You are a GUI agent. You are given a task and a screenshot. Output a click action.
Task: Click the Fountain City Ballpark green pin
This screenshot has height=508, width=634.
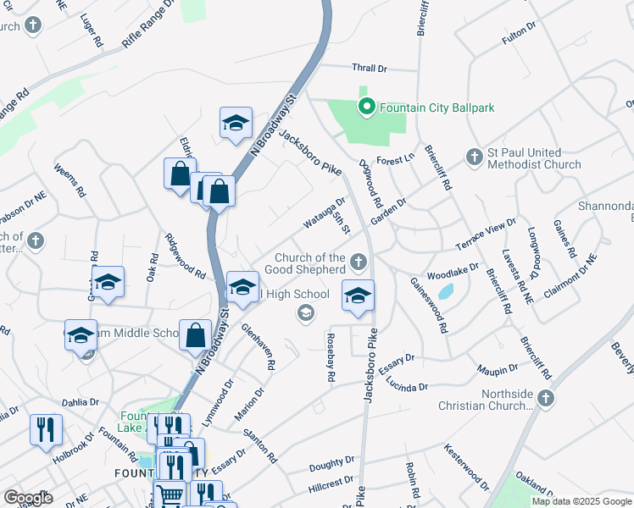click(367, 108)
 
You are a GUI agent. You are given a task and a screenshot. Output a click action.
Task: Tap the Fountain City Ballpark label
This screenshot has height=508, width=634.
click(437, 108)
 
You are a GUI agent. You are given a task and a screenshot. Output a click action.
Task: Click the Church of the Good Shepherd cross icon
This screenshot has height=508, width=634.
click(359, 262)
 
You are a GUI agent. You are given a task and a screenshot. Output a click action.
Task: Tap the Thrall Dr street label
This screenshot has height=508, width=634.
click(369, 68)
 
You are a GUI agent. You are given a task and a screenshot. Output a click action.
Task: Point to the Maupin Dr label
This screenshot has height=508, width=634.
click(497, 368)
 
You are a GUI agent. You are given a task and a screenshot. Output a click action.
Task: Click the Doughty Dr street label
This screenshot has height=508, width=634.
click(331, 462)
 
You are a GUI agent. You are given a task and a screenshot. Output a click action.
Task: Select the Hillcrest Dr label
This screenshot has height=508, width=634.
click(331, 483)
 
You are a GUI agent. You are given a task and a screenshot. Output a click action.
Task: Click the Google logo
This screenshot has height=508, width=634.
click(28, 498)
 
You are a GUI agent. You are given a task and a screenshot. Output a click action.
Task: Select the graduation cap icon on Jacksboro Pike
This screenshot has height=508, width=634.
click(358, 296)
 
